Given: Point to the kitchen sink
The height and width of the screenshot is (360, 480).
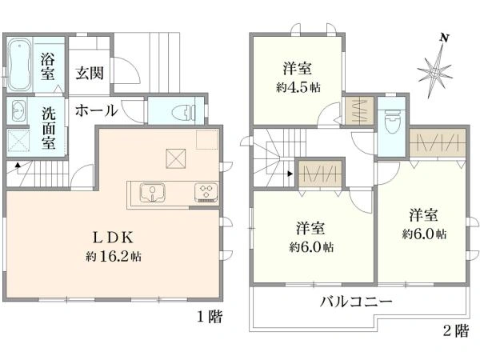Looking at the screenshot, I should (151, 192).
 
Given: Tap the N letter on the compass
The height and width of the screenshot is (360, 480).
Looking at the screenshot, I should (445, 38).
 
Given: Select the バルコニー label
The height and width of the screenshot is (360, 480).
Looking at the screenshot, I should (355, 302).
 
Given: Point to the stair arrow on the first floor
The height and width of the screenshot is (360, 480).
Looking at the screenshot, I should (18, 166).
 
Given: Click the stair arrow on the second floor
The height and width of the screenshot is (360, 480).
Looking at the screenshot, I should (291, 171).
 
